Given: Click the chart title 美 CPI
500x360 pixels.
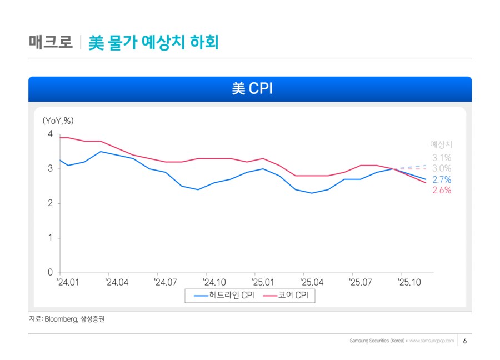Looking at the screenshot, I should coord(250,89).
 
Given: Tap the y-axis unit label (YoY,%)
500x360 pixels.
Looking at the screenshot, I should coord(58,120).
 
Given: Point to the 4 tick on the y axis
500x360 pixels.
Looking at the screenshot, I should coord(51,134).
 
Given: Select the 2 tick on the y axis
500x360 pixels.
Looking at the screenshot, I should coord(51,203).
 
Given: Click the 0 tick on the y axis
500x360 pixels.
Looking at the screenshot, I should coord(51,273).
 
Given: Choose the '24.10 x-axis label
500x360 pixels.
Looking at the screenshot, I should coord(214,283).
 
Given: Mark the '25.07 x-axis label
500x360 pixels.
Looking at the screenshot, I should coord(359,283).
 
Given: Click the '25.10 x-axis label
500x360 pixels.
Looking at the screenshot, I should coord(408,283).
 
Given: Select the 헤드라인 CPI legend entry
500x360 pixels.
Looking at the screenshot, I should coord(224,296).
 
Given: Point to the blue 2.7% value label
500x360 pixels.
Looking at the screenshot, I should coord(442,179).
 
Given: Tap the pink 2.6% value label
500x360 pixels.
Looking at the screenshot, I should coord(442,190).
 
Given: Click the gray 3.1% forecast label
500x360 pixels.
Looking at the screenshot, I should coord(442,158).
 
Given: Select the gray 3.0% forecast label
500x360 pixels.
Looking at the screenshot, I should coord(442,168).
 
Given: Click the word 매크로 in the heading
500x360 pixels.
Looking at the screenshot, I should coord(51,42).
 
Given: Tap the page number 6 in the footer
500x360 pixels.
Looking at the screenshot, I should coord(465,341).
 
